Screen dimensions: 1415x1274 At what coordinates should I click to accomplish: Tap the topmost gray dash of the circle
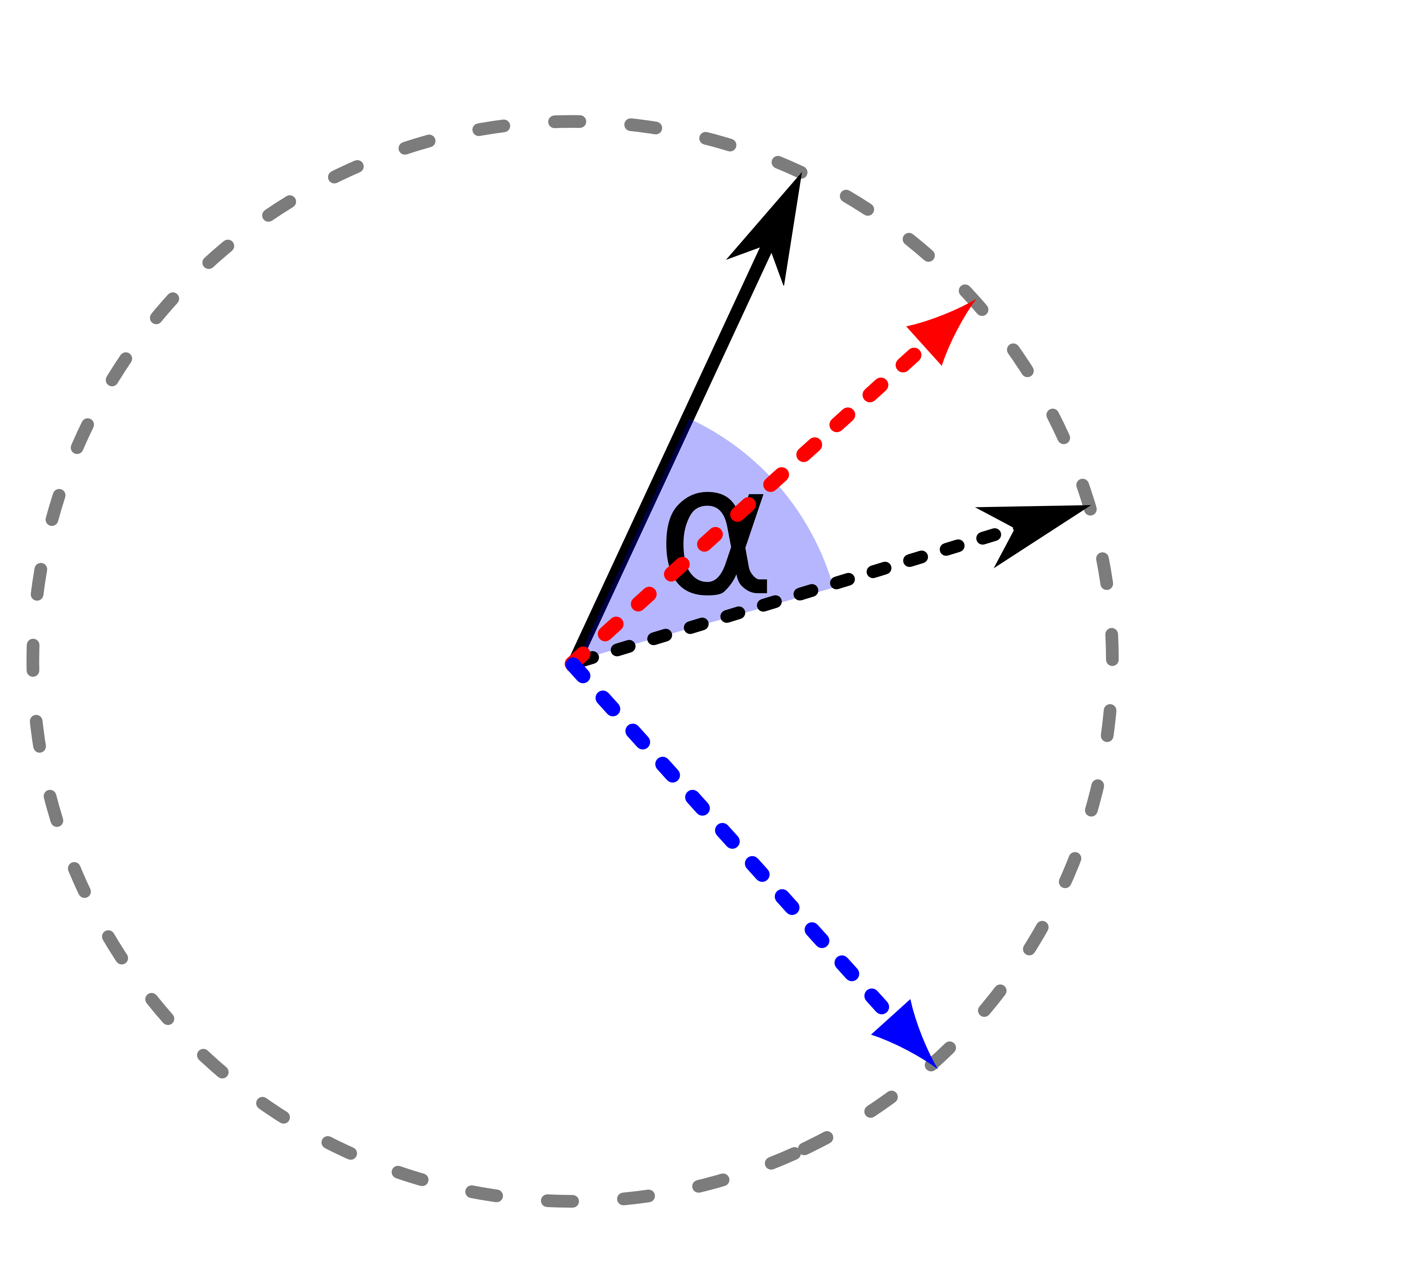click(x=567, y=121)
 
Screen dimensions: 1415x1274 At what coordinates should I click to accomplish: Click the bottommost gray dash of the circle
click(x=560, y=1201)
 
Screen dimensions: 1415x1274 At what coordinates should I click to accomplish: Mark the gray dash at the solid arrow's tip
click(x=789, y=167)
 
